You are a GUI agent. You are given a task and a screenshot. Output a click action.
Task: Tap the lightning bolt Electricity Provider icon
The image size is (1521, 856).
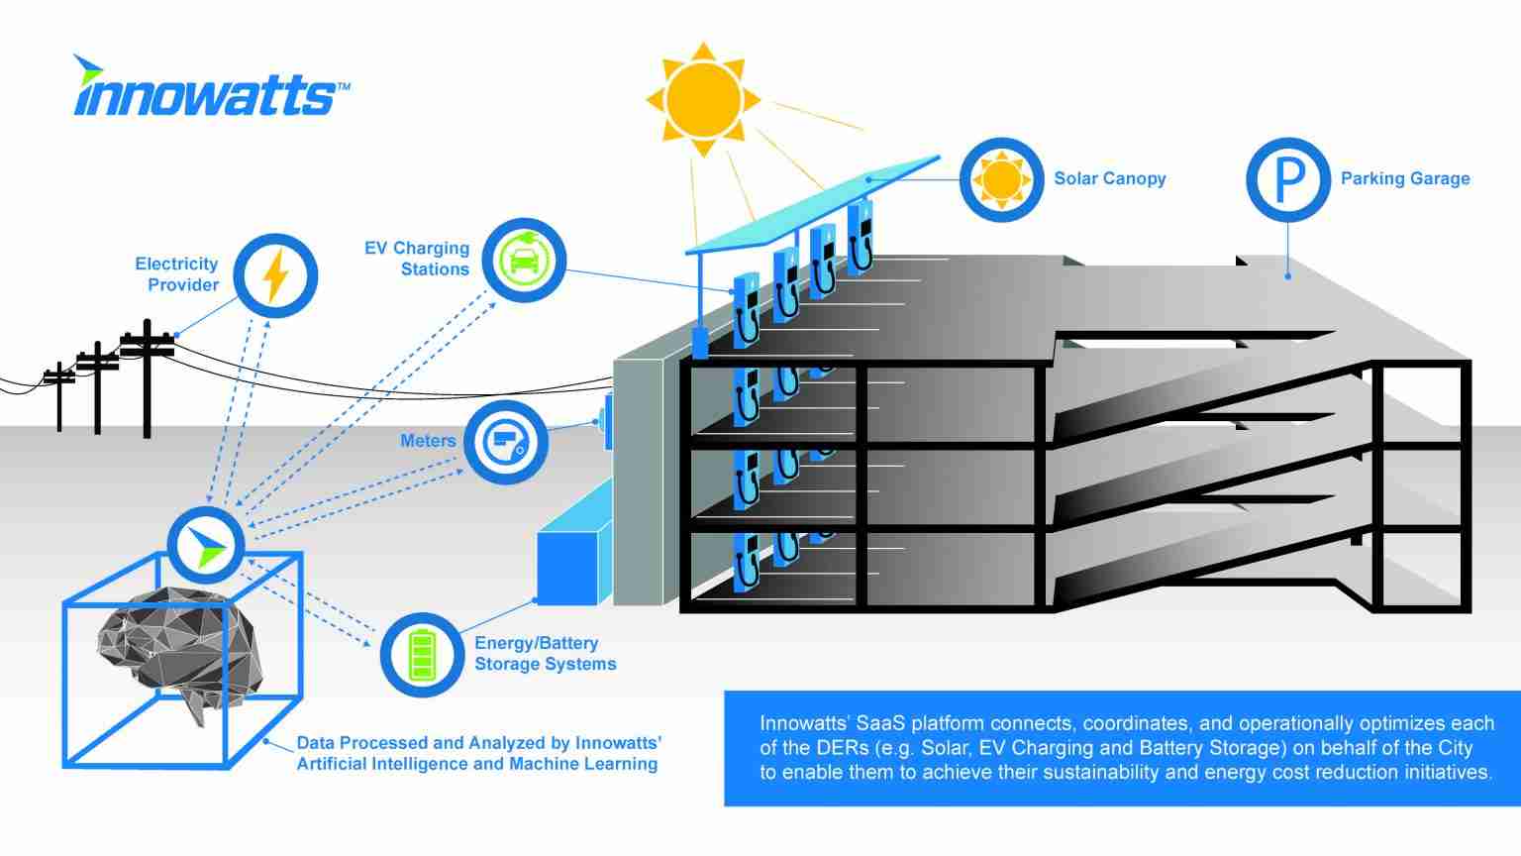pos(275,275)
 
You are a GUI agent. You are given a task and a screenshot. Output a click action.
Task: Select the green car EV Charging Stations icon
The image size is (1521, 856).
pos(523,261)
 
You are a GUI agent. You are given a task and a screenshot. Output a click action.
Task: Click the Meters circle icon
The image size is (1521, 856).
pos(505,443)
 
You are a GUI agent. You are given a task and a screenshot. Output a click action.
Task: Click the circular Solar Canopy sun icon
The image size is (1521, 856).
pos(1001,179)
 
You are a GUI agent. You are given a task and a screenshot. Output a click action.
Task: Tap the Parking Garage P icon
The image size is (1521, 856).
pos(1287,179)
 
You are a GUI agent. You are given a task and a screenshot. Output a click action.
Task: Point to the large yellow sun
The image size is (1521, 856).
pos(703,99)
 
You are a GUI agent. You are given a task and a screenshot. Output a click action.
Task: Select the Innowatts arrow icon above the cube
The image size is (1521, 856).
pos(205,544)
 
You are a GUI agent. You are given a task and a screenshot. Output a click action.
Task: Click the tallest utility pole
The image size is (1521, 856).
pos(147,376)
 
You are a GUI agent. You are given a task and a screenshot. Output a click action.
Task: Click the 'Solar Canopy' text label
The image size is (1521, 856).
pos(1109,179)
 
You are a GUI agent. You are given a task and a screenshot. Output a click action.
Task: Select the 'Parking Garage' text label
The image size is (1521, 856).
pos(1404,179)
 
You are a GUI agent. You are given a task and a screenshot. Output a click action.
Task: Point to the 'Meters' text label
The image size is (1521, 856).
pos(428,441)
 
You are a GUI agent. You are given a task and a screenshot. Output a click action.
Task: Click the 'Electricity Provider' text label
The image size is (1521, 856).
pos(176,274)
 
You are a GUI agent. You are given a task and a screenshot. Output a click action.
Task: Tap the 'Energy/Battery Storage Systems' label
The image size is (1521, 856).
pos(545,654)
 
